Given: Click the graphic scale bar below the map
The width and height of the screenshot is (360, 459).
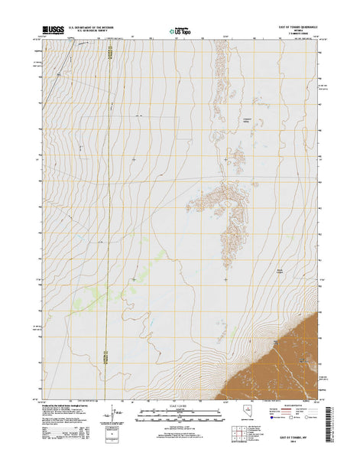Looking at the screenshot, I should point(180,414).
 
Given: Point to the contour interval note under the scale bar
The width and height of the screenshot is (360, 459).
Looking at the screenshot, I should point(180,425).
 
